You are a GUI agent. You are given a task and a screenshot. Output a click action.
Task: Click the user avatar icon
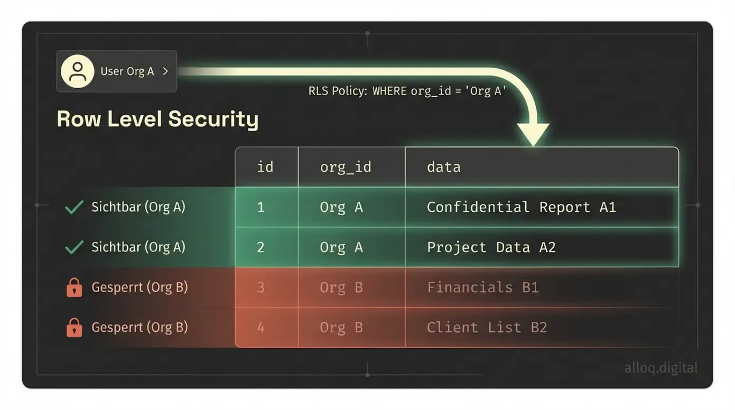[78, 71]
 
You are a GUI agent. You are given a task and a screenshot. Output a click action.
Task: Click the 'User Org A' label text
[127, 71]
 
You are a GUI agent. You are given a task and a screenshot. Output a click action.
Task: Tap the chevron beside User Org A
[165, 71]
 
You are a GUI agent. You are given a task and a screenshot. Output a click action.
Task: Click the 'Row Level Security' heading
[157, 119]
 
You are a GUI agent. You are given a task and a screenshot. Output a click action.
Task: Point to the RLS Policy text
[407, 91]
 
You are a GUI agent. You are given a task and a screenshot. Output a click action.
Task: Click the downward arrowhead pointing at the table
[533, 133]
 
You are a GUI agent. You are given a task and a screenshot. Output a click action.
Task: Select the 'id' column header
[265, 167]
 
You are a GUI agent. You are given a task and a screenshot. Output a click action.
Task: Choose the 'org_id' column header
[346, 167]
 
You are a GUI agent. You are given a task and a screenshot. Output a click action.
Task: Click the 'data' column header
[444, 167]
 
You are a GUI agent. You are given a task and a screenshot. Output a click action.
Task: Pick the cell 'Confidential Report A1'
[521, 207]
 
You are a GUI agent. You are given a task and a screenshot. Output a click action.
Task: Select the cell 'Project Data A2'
[491, 247]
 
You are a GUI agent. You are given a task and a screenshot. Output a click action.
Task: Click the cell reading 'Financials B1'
[482, 287]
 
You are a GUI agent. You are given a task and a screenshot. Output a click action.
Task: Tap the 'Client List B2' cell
[487, 328]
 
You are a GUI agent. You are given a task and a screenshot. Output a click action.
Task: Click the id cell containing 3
[260, 287]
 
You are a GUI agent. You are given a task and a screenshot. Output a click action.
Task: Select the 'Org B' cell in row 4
[341, 328]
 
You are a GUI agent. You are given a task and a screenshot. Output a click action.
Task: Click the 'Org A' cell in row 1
[341, 207]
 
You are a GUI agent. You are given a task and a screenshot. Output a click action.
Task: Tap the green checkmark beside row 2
[74, 247]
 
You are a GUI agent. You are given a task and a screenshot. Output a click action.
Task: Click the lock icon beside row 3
[74, 288]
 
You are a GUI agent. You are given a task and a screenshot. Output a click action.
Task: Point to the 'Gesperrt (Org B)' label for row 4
[139, 328]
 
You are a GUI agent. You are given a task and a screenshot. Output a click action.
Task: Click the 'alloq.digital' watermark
[660, 368]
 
